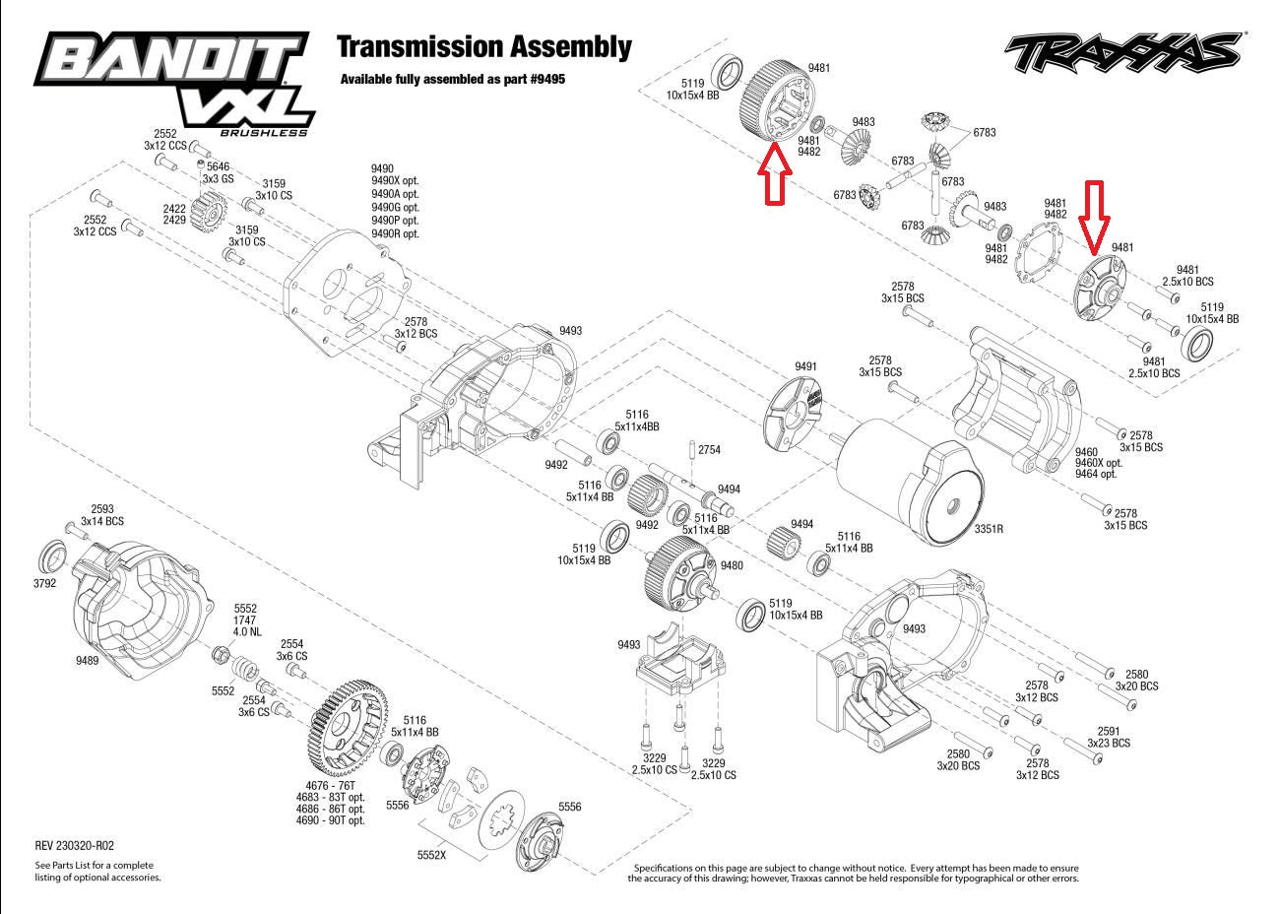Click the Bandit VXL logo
tap(172, 83)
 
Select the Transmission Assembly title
tap(483, 46)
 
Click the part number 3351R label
tap(989, 529)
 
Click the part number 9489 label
tap(87, 661)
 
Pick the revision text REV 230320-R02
tap(74, 845)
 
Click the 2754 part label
tap(709, 449)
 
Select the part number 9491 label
tap(805, 366)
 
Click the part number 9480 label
tap(732, 565)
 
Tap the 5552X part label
tap(430, 855)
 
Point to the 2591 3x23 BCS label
tap(1109, 738)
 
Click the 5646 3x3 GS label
tap(218, 173)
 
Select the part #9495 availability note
tap(453, 79)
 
